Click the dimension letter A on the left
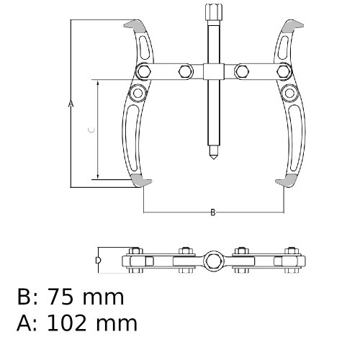tap(71, 104)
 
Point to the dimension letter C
tap(89, 130)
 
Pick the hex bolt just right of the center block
tap(242, 71)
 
